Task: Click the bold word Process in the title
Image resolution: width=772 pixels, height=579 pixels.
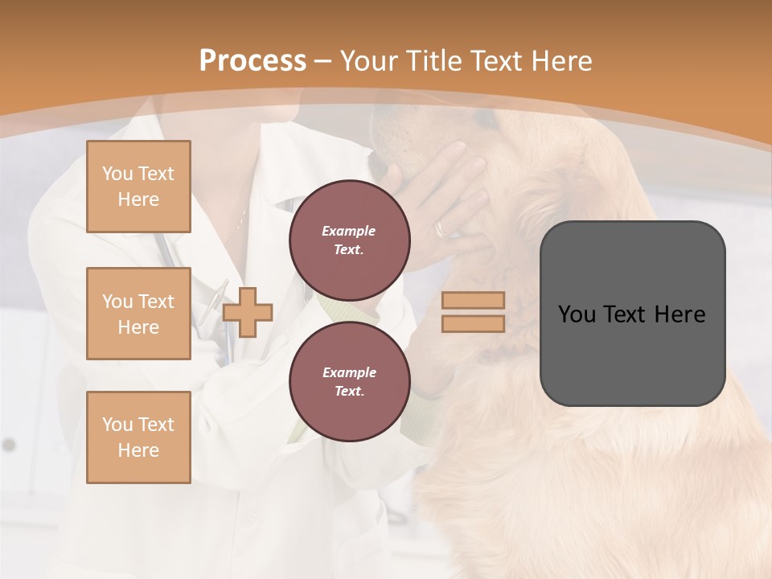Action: click(253, 61)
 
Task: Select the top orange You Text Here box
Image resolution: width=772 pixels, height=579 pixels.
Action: click(138, 187)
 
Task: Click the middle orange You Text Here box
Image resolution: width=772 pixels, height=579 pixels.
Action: click(138, 314)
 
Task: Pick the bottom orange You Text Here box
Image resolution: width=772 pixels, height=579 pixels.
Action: click(138, 437)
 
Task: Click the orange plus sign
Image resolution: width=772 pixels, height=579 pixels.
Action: click(248, 312)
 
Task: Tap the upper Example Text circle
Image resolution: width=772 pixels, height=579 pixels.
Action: click(349, 240)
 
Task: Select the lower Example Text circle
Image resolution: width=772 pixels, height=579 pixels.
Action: click(349, 381)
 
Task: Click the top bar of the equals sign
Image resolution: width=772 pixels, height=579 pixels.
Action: click(473, 301)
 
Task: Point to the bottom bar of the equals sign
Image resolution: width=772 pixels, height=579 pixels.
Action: click(473, 323)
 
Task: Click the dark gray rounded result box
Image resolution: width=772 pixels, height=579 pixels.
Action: click(632, 314)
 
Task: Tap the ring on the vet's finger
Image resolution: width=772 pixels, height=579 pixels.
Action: click(443, 228)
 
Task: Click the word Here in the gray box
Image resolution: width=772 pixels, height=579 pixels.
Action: click(680, 314)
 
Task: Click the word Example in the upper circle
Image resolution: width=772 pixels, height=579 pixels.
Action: click(349, 231)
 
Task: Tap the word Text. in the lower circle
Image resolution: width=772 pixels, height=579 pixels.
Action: click(349, 391)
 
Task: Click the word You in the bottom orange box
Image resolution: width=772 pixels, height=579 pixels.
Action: click(117, 425)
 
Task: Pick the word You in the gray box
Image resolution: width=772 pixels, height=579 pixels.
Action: click(577, 314)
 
